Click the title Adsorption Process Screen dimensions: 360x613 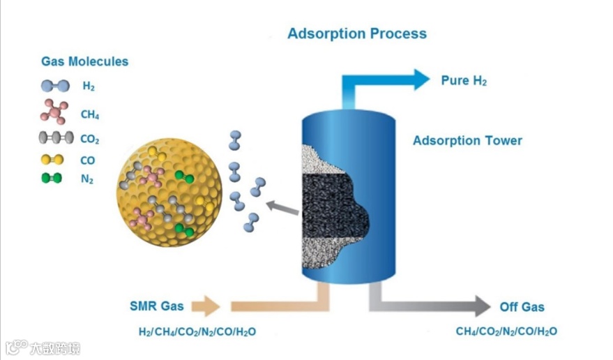pyautogui.click(x=356, y=33)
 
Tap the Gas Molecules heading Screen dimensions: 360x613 pyautogui.click(x=84, y=61)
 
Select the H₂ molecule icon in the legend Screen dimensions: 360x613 pyautogui.click(x=55, y=87)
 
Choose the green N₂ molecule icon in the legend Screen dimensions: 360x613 pyautogui.click(x=52, y=179)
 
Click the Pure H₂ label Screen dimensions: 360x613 pyautogui.click(x=464, y=81)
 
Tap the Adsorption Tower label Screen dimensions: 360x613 pyautogui.click(x=467, y=141)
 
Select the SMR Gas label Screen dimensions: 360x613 pyautogui.click(x=156, y=306)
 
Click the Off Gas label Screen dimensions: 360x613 pyautogui.click(x=522, y=307)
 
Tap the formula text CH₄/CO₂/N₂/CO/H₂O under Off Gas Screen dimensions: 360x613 pyautogui.click(x=506, y=331)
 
